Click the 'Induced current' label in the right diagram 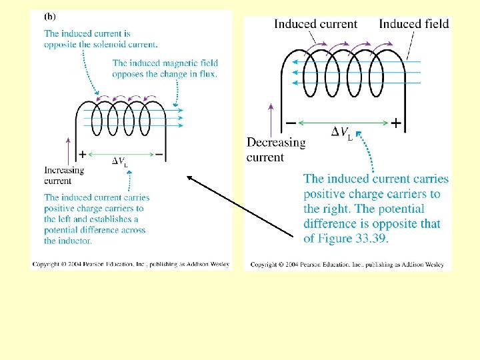(315, 24)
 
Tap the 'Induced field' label (414, 24)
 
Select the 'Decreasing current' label (276, 149)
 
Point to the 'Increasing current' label (64, 175)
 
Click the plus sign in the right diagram (396, 123)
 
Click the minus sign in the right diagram (291, 123)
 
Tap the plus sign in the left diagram (82, 154)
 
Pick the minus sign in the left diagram (159, 154)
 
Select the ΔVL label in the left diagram (119, 161)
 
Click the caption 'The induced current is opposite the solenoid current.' (101, 39)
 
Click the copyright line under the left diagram (131, 264)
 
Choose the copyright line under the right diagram (347, 264)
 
